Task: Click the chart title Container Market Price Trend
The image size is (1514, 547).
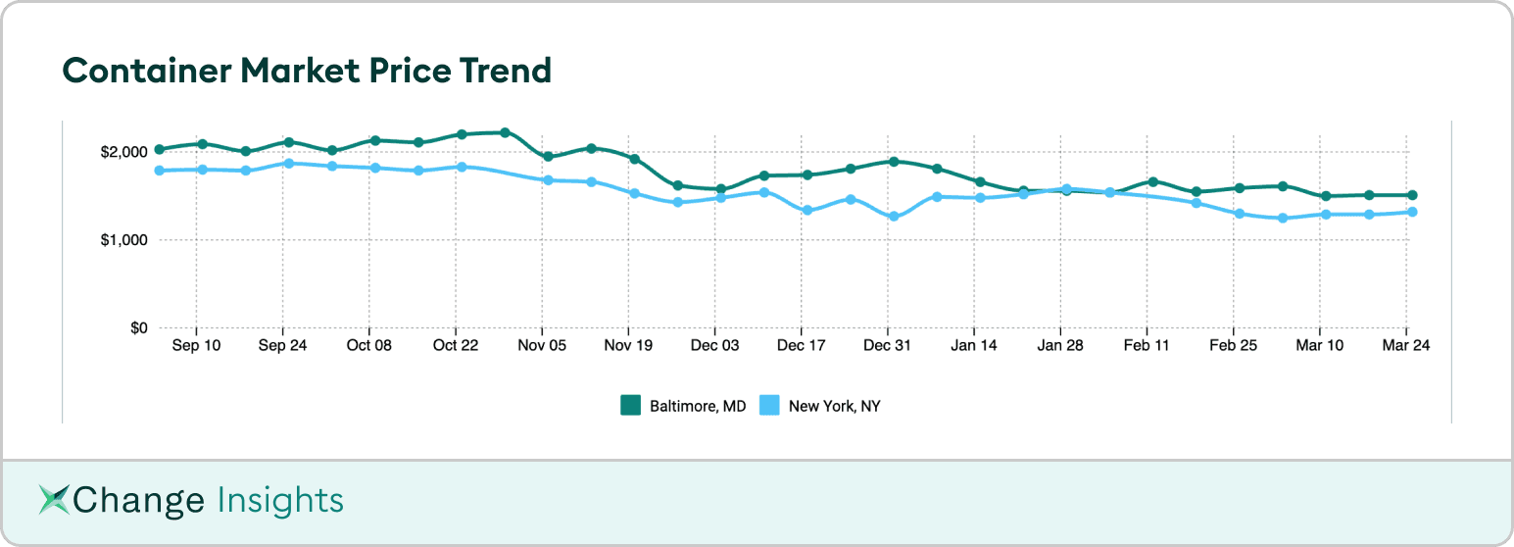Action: coord(307,71)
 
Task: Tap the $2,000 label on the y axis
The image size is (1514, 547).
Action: coord(125,152)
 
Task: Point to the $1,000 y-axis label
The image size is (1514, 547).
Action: coord(125,240)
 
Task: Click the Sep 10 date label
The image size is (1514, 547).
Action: coord(196,346)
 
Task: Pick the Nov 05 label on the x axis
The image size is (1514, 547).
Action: coord(542,346)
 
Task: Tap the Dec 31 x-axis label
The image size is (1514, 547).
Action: coord(888,346)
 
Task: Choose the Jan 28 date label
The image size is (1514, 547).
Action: coord(1060,346)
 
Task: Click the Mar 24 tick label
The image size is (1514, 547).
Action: coord(1406,346)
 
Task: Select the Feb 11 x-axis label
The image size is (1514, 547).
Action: coord(1147,346)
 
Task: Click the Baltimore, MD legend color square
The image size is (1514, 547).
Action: coord(630,405)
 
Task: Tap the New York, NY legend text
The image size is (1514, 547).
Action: coord(834,405)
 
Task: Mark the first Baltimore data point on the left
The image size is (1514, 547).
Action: coord(159,149)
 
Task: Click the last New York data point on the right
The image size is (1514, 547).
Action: coord(1412,212)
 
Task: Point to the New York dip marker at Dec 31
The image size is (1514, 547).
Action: coord(894,217)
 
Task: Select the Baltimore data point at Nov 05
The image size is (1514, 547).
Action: coord(548,157)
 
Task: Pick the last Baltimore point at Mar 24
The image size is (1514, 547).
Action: coord(1412,195)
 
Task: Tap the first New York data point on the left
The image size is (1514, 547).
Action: coord(159,171)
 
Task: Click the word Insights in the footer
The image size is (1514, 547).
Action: coord(280,500)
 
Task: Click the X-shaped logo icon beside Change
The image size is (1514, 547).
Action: coord(55,500)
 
